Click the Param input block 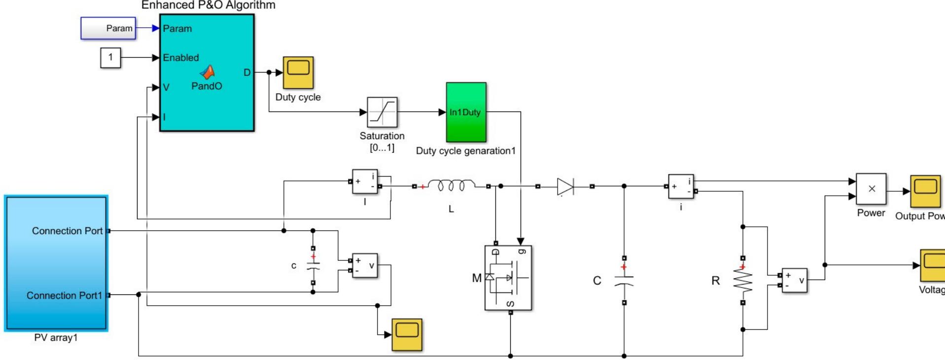pos(108,29)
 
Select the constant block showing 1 pos(110,57)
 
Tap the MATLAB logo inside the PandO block pos(207,72)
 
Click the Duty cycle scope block pos(298,72)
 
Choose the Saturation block pos(382,112)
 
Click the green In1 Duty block pos(466,112)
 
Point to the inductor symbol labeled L pos(451,186)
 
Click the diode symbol pos(565,186)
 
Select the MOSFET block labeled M pos(508,278)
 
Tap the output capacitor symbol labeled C pos(624,280)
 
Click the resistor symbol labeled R pos(743,280)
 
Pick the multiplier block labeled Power pos(871,188)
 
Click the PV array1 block pos(56,263)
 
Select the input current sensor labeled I pos(365,181)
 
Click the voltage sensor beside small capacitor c pos(365,265)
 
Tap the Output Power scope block pos(925,191)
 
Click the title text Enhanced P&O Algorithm pos(208,5)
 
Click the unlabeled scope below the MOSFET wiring pos(407,335)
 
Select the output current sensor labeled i pos(681,186)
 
